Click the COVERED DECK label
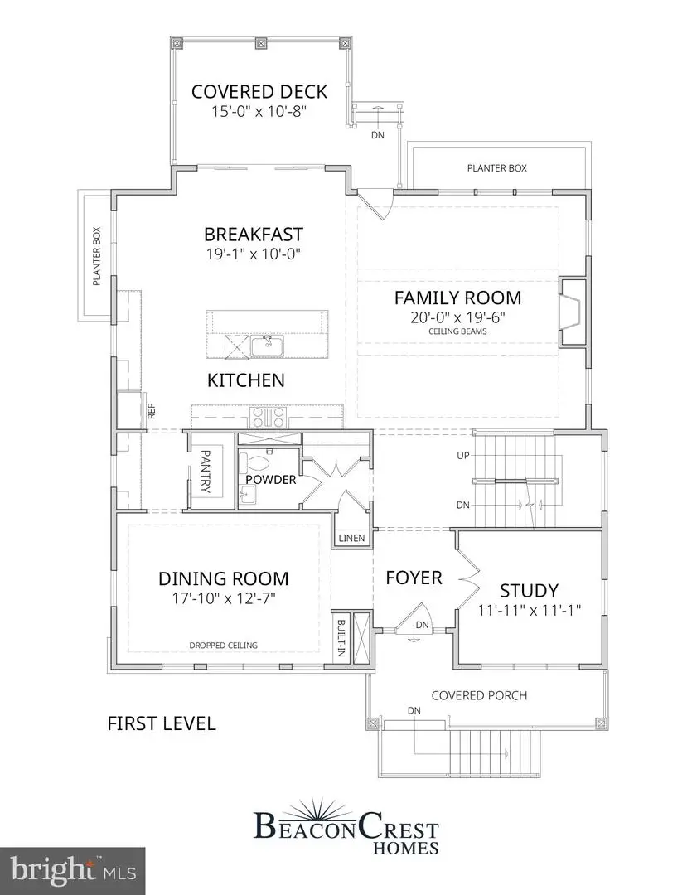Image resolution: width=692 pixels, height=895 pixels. (x=259, y=91)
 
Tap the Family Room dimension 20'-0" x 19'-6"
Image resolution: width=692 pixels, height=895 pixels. (x=457, y=317)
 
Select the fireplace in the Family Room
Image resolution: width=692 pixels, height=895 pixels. (x=572, y=312)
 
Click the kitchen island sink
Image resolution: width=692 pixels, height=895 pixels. (x=269, y=345)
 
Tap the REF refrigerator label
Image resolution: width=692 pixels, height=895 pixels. (x=152, y=412)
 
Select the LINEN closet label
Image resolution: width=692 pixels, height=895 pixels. (x=352, y=539)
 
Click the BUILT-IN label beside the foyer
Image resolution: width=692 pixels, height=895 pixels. (x=341, y=638)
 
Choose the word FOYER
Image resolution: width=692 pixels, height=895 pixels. (x=414, y=578)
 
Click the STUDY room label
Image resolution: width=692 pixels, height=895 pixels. (x=529, y=591)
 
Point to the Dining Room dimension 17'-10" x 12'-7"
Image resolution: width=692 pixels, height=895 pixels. (x=224, y=598)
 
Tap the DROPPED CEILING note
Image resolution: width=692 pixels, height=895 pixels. (x=224, y=645)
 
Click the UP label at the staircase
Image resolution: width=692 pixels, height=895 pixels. (x=463, y=457)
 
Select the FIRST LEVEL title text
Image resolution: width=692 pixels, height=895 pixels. (x=162, y=723)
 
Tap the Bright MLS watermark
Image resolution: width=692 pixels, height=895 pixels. (x=73, y=870)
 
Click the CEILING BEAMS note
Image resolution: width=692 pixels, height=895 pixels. (x=457, y=331)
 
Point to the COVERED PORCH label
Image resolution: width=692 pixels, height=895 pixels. (x=479, y=695)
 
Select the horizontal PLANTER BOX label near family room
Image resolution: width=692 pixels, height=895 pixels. (x=496, y=168)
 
